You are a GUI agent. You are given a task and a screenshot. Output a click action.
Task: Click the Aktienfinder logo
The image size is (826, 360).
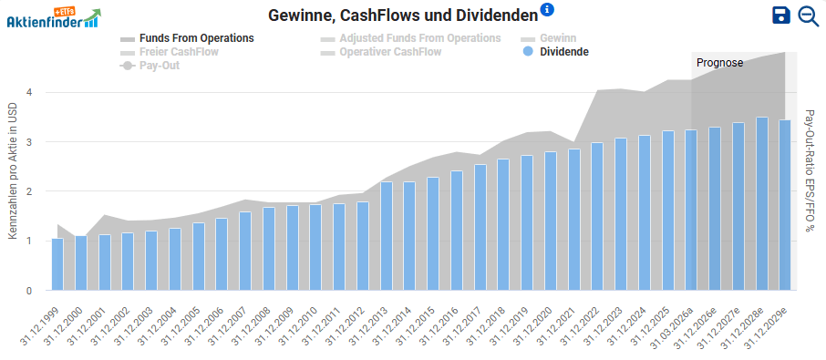click(53, 18)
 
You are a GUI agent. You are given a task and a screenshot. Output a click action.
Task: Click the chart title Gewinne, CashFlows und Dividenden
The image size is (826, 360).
click(401, 15)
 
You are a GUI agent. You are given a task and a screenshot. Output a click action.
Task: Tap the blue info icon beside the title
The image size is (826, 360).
click(547, 10)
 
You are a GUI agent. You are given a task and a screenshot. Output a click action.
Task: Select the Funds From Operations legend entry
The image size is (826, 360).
click(187, 38)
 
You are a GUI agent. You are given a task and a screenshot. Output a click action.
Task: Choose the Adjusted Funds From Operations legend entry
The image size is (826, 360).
click(410, 38)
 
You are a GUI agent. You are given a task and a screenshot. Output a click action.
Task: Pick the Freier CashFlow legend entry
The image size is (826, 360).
click(170, 52)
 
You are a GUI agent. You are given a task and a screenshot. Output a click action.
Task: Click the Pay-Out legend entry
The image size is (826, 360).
click(150, 66)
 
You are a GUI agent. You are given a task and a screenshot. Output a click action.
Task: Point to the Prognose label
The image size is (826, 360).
click(720, 63)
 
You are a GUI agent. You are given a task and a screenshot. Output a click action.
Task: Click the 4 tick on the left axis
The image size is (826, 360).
click(29, 92)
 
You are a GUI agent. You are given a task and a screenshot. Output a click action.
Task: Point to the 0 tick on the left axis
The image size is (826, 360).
click(29, 291)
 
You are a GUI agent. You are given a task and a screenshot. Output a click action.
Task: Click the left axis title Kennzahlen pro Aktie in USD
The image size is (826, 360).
click(13, 171)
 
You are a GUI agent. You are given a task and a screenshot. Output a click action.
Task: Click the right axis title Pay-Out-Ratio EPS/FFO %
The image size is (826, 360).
click(809, 171)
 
